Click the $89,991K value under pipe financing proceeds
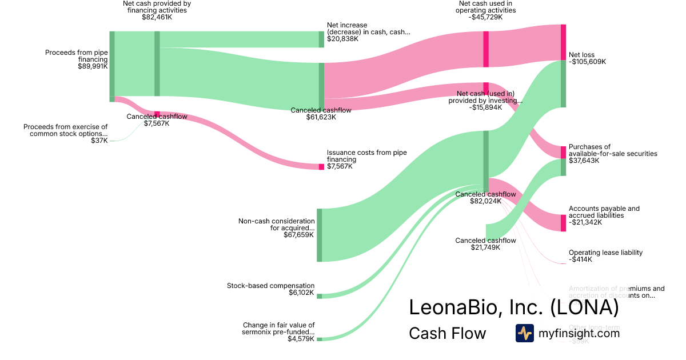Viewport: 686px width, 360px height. click(93, 66)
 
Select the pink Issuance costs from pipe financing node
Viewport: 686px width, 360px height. click(321, 167)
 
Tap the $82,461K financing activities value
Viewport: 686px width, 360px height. click(157, 17)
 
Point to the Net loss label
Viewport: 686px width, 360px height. click(581, 55)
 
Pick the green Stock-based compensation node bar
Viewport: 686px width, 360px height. click(320, 296)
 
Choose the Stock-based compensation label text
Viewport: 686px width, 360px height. click(270, 286)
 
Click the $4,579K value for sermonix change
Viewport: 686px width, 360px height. click(301, 339)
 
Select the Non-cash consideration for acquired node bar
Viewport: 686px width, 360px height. click(320, 235)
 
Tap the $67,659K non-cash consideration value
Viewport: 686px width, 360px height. click(299, 235)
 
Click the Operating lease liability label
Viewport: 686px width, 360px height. click(605, 253)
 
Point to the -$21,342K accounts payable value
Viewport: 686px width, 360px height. click(585, 222)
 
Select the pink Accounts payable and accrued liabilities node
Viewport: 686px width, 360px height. click(563, 223)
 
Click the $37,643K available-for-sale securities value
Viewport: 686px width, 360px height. click(584, 161)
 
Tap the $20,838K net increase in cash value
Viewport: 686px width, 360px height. click(342, 39)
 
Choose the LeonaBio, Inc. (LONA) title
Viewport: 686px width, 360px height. click(513, 307)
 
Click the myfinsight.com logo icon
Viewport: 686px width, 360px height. click(524, 333)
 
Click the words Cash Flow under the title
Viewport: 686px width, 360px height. click(447, 333)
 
